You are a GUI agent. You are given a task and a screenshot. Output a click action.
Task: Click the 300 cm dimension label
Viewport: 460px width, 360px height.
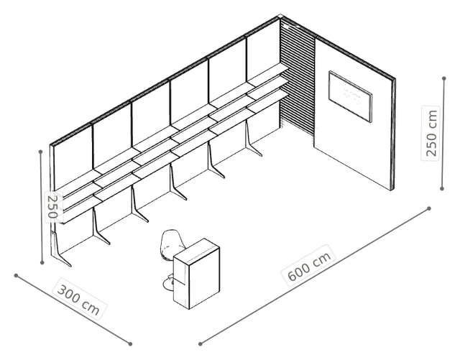(x=79, y=298)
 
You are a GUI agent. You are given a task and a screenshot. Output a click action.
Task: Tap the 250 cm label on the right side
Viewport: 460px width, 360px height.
(x=431, y=133)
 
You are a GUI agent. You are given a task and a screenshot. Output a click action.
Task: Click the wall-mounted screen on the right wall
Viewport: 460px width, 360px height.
(x=350, y=96)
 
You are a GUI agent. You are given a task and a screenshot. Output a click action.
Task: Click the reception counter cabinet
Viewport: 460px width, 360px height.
(x=196, y=274)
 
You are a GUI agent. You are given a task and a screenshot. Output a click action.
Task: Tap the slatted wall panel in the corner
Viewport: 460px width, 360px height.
(x=297, y=78)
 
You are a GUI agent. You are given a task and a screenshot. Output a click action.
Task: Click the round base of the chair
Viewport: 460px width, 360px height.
(x=168, y=285)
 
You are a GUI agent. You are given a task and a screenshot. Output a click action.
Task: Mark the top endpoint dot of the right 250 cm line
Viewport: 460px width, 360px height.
(x=444, y=78)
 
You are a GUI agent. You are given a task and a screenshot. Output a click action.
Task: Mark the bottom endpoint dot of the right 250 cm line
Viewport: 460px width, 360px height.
(x=442, y=189)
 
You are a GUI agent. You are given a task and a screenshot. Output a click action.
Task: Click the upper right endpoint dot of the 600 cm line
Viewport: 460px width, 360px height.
(x=429, y=208)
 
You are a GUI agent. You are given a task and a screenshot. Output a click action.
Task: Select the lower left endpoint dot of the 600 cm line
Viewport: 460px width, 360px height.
(x=201, y=344)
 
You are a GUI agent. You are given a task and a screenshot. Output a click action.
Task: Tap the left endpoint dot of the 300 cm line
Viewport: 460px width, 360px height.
(x=16, y=275)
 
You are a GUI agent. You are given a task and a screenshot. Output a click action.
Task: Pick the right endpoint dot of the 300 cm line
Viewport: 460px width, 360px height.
(x=130, y=344)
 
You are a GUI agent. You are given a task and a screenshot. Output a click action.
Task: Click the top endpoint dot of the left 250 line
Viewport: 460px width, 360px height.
(x=40, y=152)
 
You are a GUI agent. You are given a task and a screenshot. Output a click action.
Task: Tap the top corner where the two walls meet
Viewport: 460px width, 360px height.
(x=280, y=16)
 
